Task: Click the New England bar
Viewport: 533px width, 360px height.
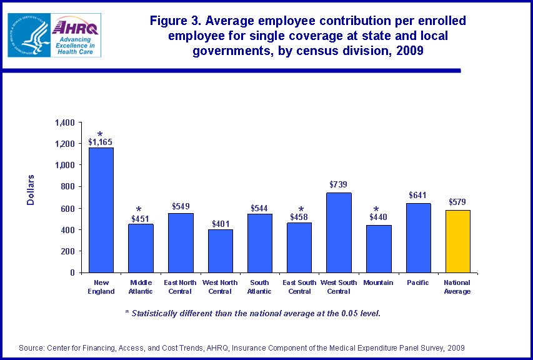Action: [101, 209]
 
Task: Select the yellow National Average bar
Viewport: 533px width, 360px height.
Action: [457, 241]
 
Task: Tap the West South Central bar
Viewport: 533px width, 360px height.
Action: [338, 232]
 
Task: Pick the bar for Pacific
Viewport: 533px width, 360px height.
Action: [417, 237]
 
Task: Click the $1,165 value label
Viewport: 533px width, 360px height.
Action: [101, 142]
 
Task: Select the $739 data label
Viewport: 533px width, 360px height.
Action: [338, 185]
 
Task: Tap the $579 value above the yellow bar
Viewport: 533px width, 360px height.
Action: [457, 202]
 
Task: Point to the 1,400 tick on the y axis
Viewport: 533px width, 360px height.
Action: [65, 122]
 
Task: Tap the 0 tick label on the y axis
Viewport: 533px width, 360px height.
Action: [72, 272]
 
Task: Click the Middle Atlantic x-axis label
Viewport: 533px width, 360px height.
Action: [140, 287]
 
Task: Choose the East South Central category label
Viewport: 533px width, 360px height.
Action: [299, 287]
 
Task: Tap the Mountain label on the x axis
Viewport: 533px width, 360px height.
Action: [377, 283]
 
